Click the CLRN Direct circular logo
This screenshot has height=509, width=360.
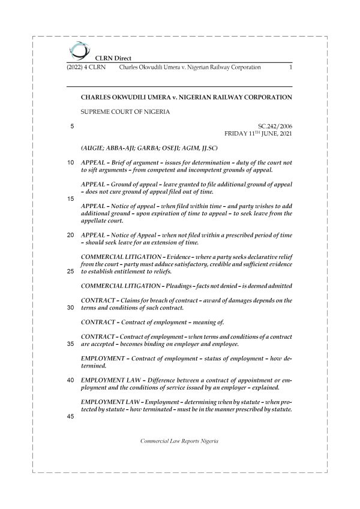point(78,50)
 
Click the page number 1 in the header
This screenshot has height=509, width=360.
point(290,68)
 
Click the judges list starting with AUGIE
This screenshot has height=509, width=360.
point(149,148)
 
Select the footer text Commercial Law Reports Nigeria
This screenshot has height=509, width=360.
point(179,441)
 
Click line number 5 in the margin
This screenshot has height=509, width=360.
point(72,127)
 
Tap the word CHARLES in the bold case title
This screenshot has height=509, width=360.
point(97,96)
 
